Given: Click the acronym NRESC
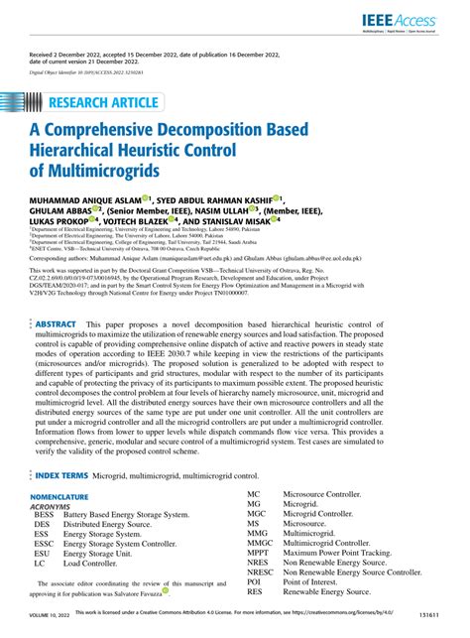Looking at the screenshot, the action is point(261,573).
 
